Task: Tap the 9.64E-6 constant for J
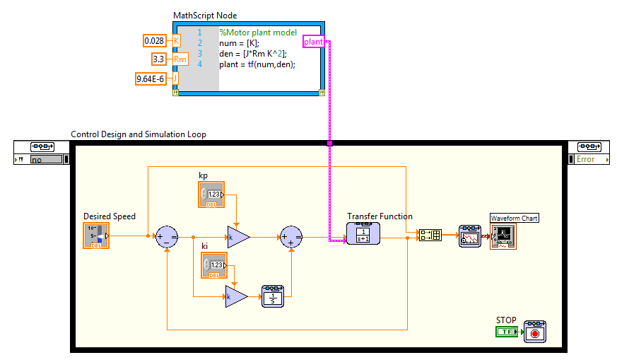[151, 79]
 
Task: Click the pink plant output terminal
[314, 42]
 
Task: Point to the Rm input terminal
[180, 59]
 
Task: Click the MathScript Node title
[205, 16]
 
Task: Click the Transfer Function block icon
[363, 233]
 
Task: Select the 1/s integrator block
[273, 296]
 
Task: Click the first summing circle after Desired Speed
[167, 237]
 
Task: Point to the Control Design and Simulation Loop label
[139, 134]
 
